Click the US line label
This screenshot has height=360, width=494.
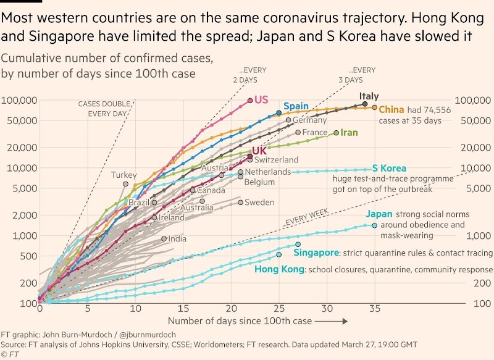pos(262,100)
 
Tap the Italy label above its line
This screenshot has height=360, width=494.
pos(369,96)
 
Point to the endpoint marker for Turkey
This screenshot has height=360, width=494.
pos(125,183)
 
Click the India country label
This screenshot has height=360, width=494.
pos(177,239)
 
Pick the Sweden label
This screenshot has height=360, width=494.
pos(259,203)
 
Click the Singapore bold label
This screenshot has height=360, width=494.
pos(316,253)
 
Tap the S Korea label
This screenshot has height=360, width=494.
pos(389,168)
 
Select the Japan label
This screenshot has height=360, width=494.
pos(379,214)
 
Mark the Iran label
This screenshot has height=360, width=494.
pos(349,133)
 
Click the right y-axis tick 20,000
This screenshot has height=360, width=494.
pos(472,148)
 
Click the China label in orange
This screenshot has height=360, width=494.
pos(391,110)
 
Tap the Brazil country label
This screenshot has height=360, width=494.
pos(139,203)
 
